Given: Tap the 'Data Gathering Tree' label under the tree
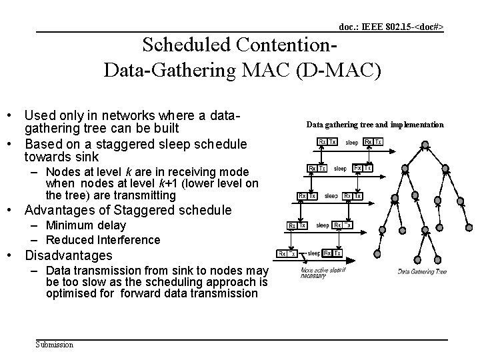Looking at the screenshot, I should [422, 271].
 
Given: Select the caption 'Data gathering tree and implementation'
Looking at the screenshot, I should [374, 125].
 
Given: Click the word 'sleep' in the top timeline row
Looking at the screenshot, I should [351, 142].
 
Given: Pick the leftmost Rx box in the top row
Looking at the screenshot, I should [322, 142].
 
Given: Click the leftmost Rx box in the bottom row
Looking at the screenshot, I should [283, 253].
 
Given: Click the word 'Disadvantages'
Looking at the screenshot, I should [68, 256].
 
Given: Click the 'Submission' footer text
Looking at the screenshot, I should [55, 345].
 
